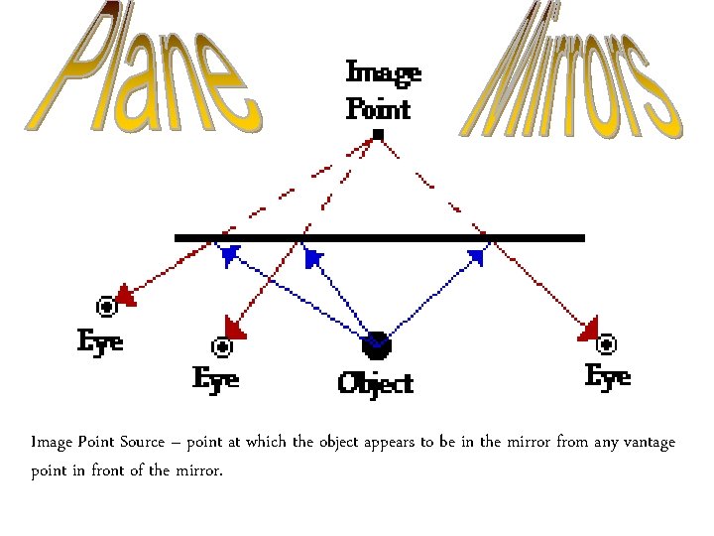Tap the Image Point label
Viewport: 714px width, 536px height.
383,89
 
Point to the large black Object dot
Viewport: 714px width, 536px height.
377,346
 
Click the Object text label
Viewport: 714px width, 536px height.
376,382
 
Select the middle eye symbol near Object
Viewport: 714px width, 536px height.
222,347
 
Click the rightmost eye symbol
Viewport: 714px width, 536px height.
606,344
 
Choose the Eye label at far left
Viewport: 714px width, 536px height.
101,341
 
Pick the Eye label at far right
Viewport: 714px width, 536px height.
608,376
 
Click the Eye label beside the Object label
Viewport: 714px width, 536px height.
215,378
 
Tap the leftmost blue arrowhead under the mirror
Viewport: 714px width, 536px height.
230,255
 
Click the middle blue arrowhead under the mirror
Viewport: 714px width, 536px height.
312,258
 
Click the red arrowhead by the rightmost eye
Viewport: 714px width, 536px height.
588,329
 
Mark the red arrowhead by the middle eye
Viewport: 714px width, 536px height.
235,327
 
